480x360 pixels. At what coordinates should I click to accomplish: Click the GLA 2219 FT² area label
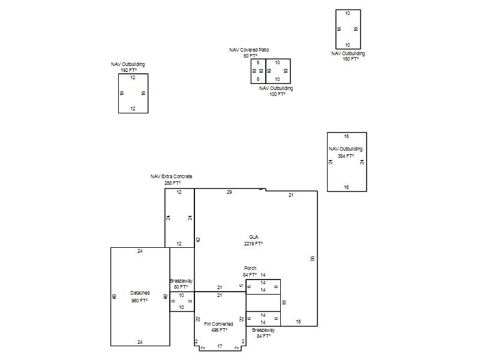(x=253, y=241)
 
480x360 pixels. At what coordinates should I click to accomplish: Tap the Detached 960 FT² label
(x=140, y=296)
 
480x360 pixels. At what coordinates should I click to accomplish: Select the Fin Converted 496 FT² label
(x=218, y=327)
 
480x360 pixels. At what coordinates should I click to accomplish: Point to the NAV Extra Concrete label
(x=172, y=179)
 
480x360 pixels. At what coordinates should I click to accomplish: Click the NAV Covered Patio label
(x=249, y=53)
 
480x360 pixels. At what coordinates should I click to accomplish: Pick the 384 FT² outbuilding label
(x=346, y=152)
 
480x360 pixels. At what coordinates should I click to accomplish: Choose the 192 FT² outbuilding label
(x=128, y=67)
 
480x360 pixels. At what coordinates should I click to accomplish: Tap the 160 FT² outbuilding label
(x=348, y=56)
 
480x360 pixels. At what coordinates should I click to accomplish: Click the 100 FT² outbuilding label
(x=276, y=91)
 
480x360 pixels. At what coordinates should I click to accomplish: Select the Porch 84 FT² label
(x=250, y=272)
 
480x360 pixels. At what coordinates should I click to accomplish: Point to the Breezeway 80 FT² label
(x=181, y=284)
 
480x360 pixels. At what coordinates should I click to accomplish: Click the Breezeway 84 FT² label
(x=263, y=333)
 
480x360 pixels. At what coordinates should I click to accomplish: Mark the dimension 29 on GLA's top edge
(x=229, y=192)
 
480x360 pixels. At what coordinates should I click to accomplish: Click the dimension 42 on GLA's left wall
(x=198, y=239)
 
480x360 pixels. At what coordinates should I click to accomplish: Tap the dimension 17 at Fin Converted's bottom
(x=220, y=346)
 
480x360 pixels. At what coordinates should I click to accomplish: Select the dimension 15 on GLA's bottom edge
(x=298, y=322)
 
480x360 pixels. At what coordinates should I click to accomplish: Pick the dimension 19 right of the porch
(x=284, y=302)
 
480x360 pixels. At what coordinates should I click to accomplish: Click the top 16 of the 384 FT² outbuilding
(x=346, y=137)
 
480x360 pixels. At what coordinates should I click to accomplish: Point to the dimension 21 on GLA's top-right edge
(x=291, y=196)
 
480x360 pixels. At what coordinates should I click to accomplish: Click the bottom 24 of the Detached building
(x=140, y=342)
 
